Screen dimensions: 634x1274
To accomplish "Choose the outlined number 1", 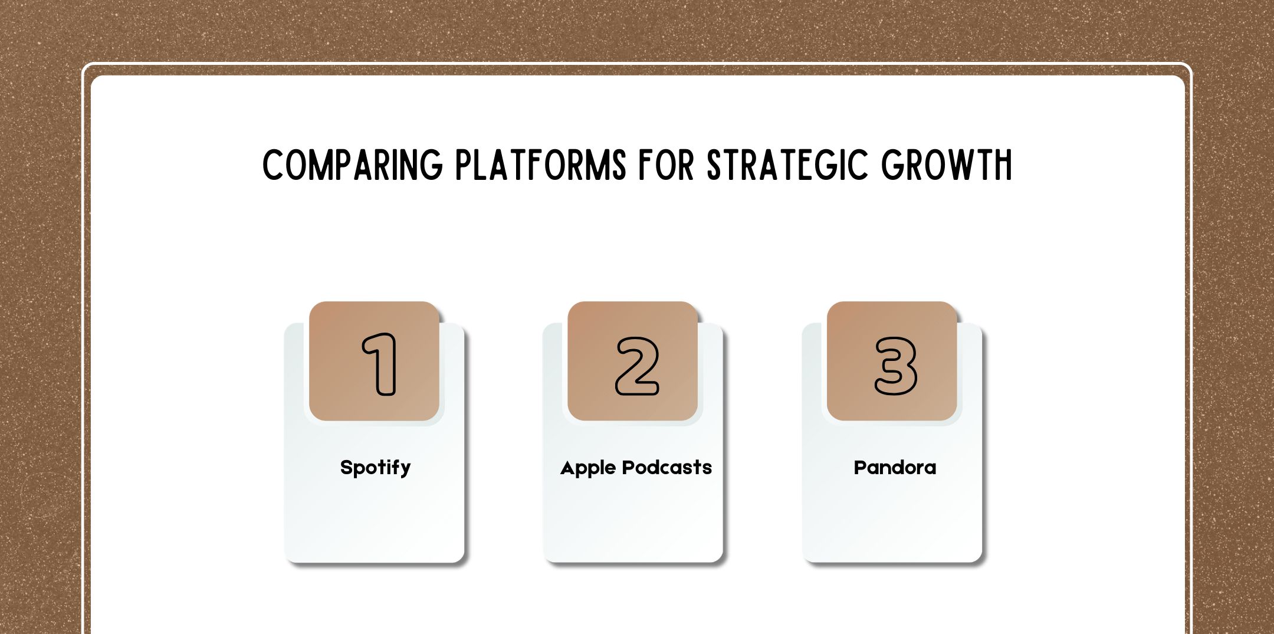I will pyautogui.click(x=380, y=364).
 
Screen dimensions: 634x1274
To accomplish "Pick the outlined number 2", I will pyautogui.click(x=637, y=366).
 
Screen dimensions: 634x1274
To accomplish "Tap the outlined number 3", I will pyautogui.click(x=895, y=366).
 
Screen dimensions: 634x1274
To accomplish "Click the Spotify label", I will pyautogui.click(x=375, y=468).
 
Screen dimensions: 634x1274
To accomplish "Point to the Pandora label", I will pyautogui.click(x=895, y=468).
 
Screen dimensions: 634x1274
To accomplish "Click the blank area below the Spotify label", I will pyautogui.click(x=375, y=519).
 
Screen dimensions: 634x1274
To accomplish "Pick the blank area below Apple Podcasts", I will pyautogui.click(x=633, y=519).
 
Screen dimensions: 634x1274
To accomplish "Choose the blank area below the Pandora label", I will pyautogui.click(x=892, y=519).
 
